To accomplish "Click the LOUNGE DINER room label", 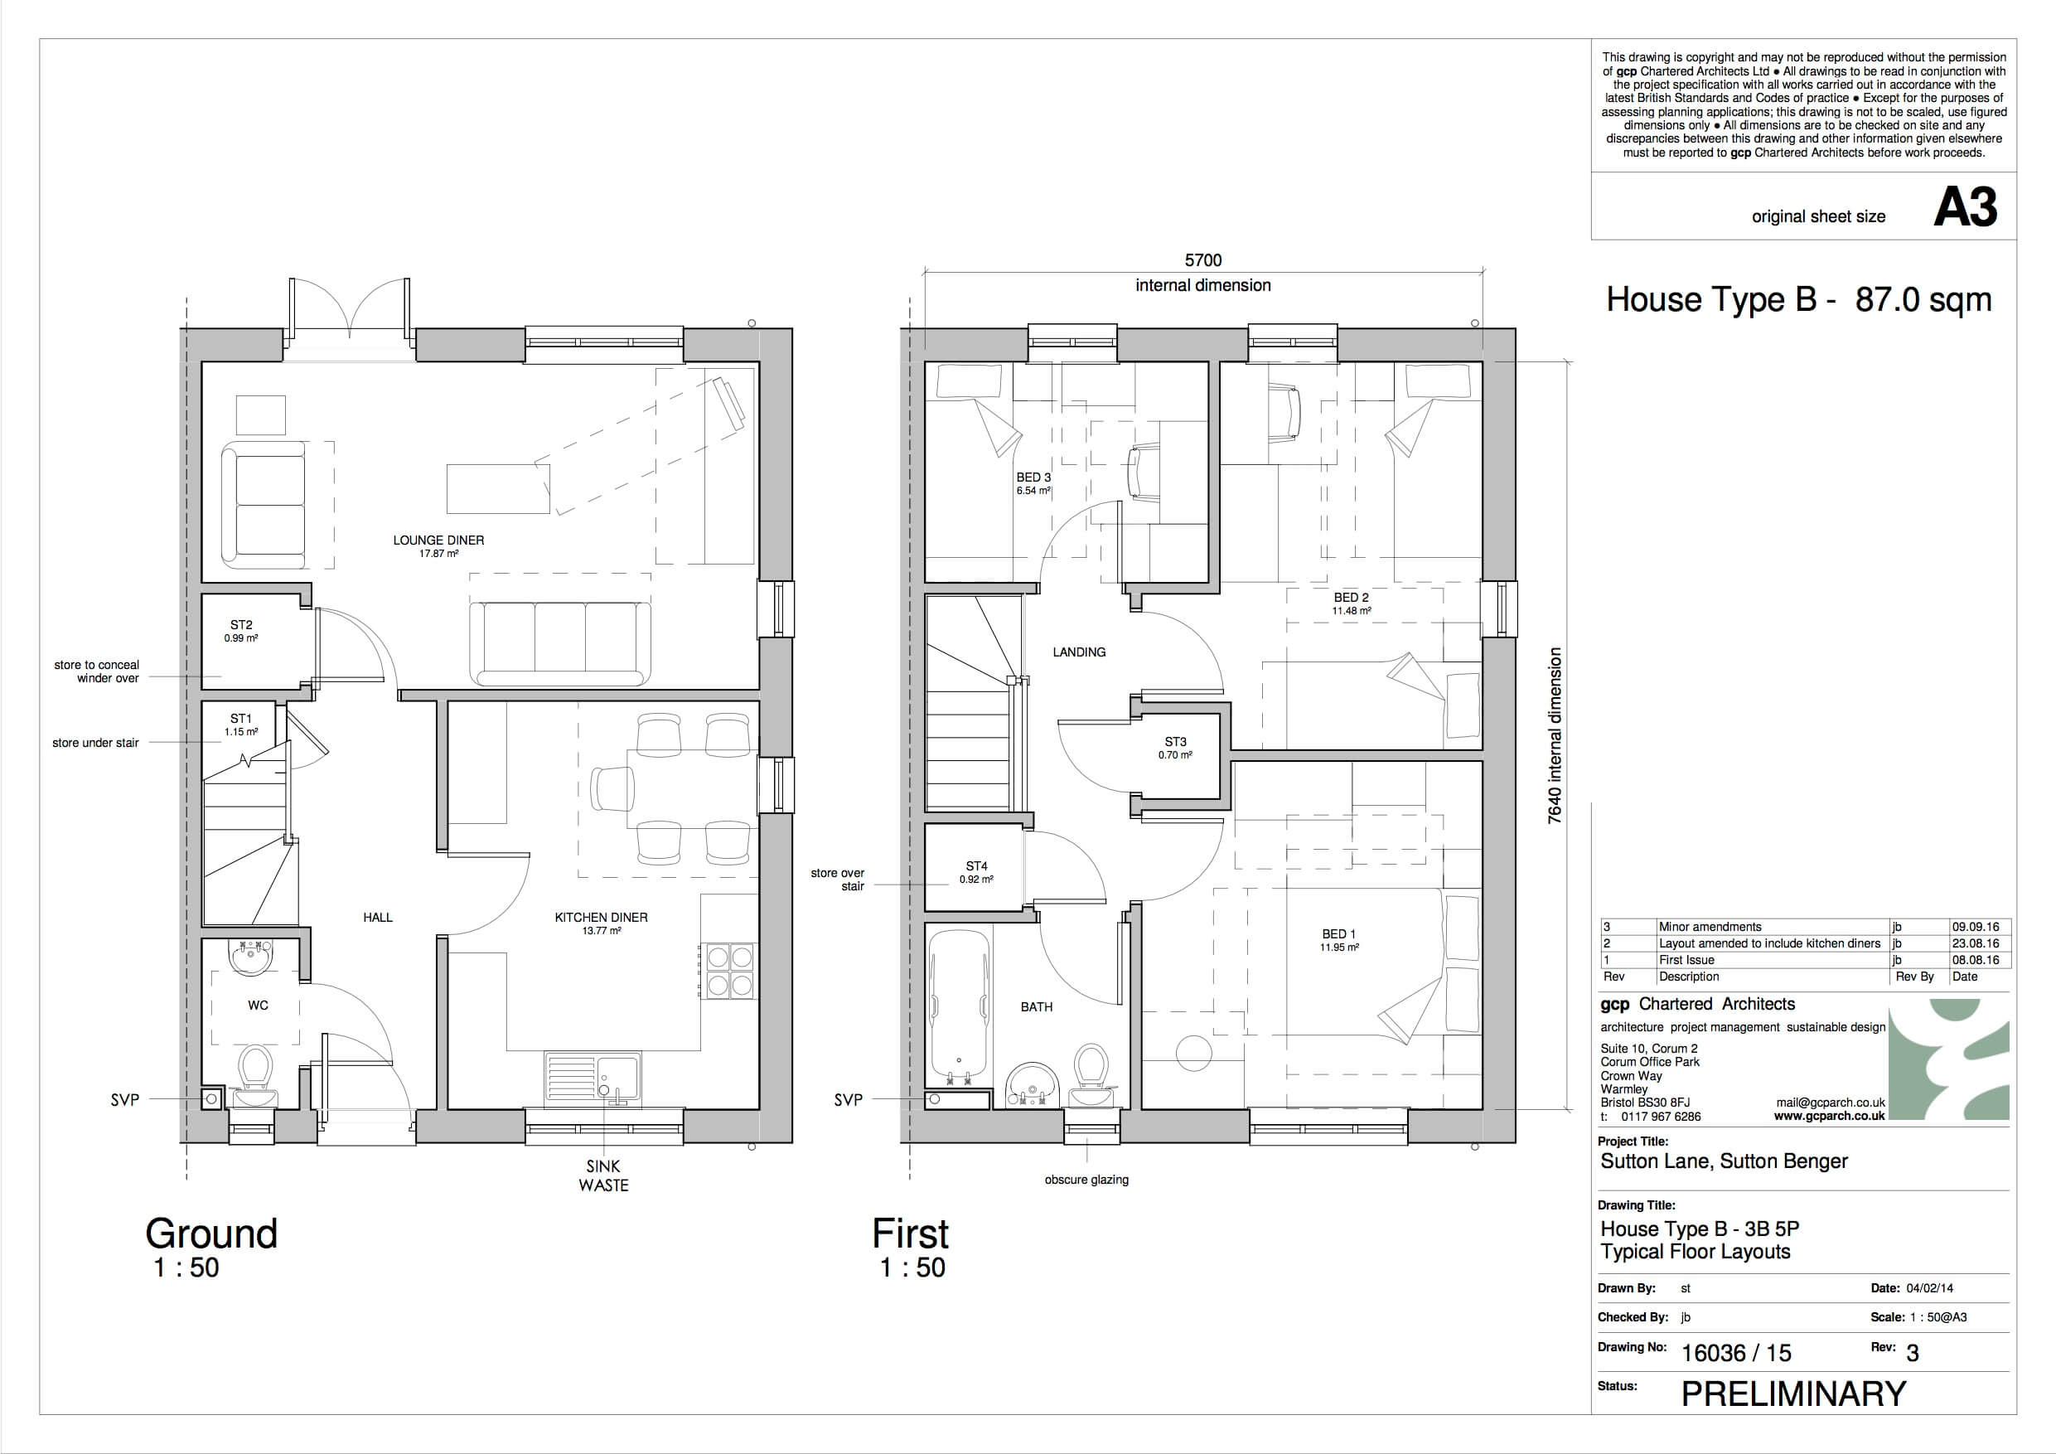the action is (x=438, y=540).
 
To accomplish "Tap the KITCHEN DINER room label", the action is (x=601, y=918).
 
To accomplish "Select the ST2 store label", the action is (x=241, y=625).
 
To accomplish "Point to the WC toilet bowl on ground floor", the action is (x=255, y=1067).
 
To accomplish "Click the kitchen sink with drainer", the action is (x=592, y=1076).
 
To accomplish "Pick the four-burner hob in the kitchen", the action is (x=730, y=970).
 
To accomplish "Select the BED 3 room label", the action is (x=1033, y=477).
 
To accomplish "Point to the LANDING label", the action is (x=1079, y=652).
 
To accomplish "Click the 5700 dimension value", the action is (x=1202, y=259).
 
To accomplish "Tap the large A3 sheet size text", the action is (x=1966, y=208).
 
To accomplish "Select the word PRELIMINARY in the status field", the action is (x=1793, y=1394).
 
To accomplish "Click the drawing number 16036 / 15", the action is (x=1736, y=1353).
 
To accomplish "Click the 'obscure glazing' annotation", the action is (x=1086, y=1180).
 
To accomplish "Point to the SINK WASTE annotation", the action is (x=603, y=1175).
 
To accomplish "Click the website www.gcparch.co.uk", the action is (x=1830, y=1117).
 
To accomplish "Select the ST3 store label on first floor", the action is (x=1175, y=742).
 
